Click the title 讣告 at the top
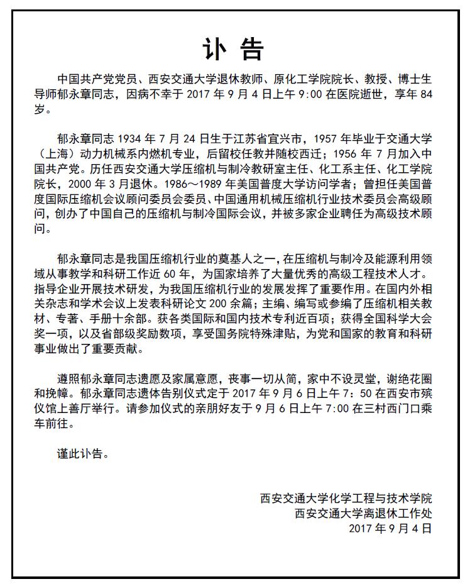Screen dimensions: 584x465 pos(232,48)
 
